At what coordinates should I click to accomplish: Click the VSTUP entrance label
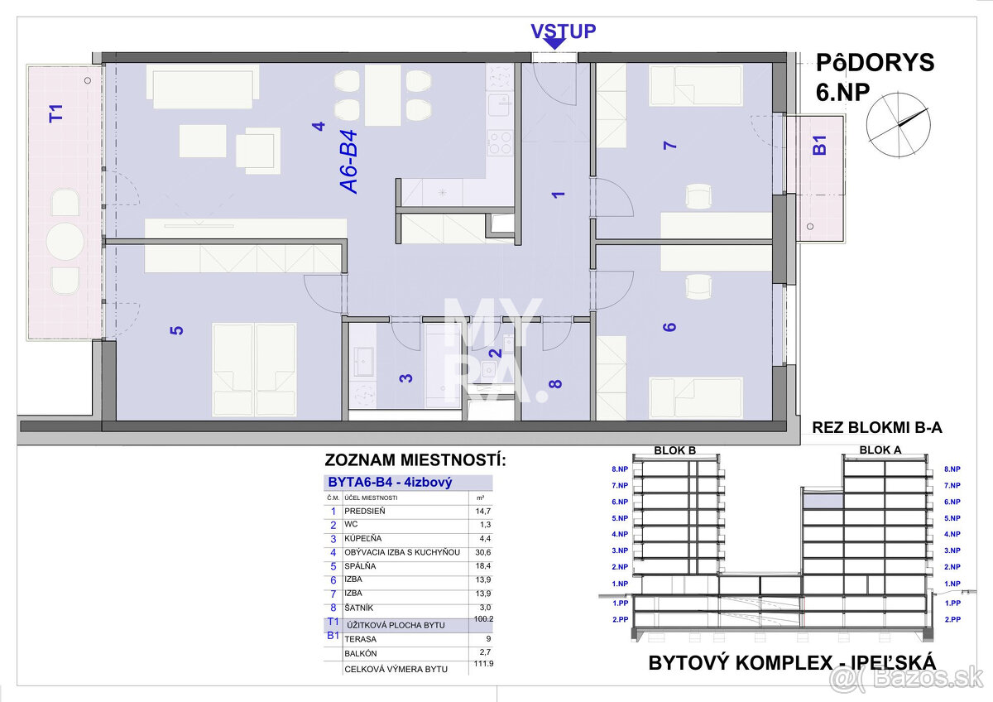point(563,31)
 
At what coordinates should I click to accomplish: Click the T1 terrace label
point(56,113)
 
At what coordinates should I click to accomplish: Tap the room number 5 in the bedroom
point(175,329)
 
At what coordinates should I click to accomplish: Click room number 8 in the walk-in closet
point(555,383)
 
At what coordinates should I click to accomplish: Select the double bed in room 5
point(254,369)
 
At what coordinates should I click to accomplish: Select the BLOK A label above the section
point(880,450)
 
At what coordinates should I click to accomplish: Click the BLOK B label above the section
point(674,450)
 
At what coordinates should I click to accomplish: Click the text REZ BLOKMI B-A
point(877,428)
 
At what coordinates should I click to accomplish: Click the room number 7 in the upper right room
point(670,146)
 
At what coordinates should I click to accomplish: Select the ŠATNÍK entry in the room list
point(361,608)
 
